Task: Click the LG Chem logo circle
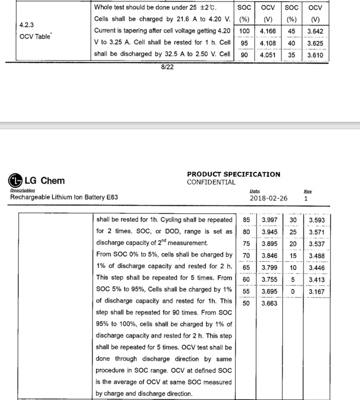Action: (x=15, y=180)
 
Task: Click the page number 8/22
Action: (x=167, y=67)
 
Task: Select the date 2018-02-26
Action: (x=268, y=198)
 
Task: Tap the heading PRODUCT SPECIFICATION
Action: (x=233, y=174)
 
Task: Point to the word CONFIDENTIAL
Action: (x=211, y=182)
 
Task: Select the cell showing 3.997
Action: (x=269, y=220)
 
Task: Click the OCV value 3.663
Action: (x=269, y=303)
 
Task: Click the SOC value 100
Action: (x=244, y=31)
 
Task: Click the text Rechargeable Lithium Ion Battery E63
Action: (x=64, y=197)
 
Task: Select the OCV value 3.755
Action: (x=269, y=279)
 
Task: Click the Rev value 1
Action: (x=306, y=198)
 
